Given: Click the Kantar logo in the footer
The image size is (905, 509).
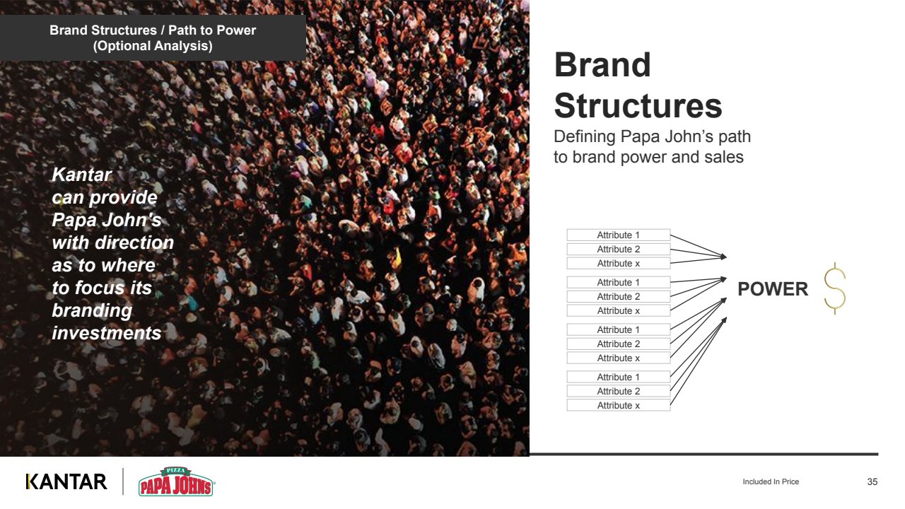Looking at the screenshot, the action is [x=66, y=481].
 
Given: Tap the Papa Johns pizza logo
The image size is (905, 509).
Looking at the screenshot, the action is [x=176, y=482].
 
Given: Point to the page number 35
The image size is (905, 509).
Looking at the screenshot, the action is [x=872, y=481].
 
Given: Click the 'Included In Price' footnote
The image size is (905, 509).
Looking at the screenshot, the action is [x=771, y=481].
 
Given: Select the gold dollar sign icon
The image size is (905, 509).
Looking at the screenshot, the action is [x=835, y=288].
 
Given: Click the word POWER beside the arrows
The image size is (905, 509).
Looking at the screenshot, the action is [x=773, y=289].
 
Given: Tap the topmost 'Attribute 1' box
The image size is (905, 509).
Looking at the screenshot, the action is [x=619, y=235].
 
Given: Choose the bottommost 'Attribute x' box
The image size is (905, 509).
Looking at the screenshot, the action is [x=619, y=405].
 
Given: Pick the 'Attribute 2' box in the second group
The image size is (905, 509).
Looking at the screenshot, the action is [x=619, y=296].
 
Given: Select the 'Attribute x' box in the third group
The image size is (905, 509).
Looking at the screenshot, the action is [x=619, y=358].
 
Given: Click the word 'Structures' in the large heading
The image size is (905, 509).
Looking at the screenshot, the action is [x=638, y=106].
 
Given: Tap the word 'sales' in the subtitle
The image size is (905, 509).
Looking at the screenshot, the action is [x=723, y=157].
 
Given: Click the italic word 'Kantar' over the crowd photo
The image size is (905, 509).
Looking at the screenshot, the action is [x=81, y=175].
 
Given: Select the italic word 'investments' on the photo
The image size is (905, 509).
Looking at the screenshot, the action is [x=107, y=333].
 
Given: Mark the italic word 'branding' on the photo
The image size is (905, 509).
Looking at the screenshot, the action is [x=92, y=310].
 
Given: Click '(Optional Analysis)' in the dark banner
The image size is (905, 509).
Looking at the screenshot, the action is [x=153, y=46].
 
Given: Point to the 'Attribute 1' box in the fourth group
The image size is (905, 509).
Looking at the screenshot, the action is [x=619, y=377].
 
